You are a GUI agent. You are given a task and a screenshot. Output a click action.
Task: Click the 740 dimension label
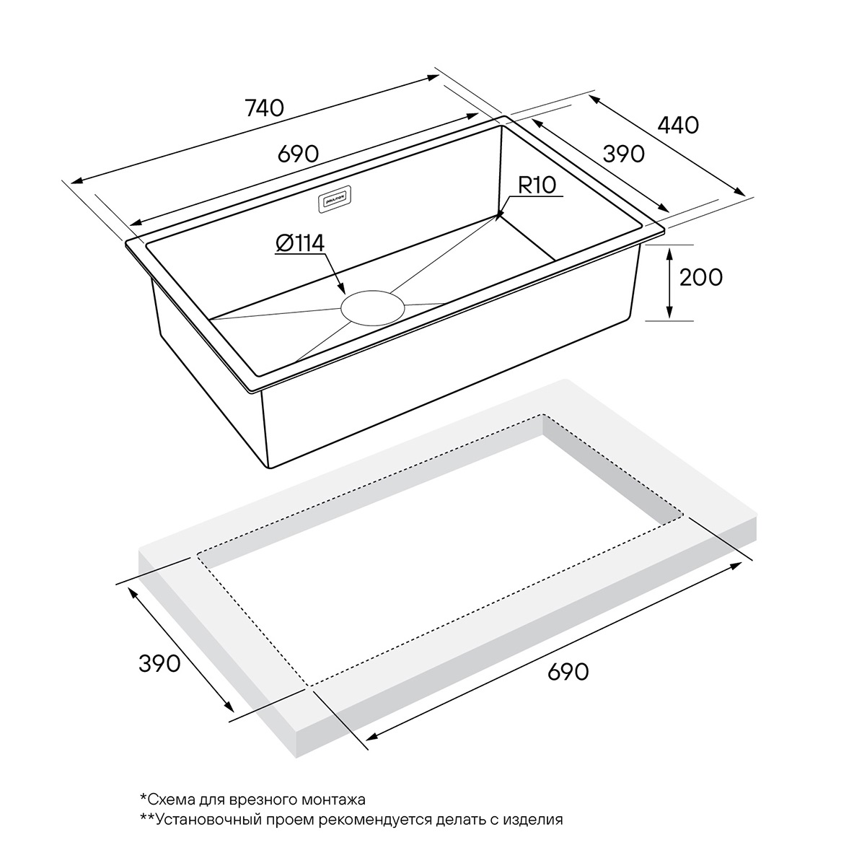click(x=265, y=108)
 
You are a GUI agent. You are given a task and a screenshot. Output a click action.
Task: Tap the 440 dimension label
click(x=678, y=125)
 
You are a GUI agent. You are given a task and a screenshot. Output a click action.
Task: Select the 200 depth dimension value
click(x=701, y=277)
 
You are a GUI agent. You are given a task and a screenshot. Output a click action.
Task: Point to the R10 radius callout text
click(x=537, y=185)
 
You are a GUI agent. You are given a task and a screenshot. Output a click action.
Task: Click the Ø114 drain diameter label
click(x=300, y=244)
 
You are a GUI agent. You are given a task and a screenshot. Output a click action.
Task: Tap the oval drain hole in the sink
click(x=373, y=307)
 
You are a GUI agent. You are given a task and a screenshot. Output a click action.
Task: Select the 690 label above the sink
click(x=299, y=154)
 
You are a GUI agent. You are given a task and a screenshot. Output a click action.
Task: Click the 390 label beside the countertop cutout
click(x=159, y=664)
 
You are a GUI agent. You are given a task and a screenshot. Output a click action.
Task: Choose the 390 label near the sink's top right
click(x=624, y=154)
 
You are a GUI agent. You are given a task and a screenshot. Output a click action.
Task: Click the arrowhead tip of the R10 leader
click(x=496, y=220)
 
